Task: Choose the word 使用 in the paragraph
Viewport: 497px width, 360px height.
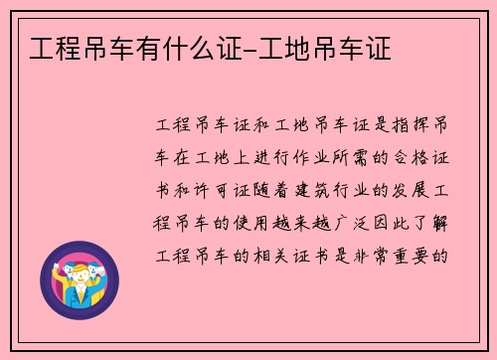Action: [252, 222]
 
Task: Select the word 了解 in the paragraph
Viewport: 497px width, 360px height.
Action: [439, 222]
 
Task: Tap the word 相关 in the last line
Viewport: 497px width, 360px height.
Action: [273, 254]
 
